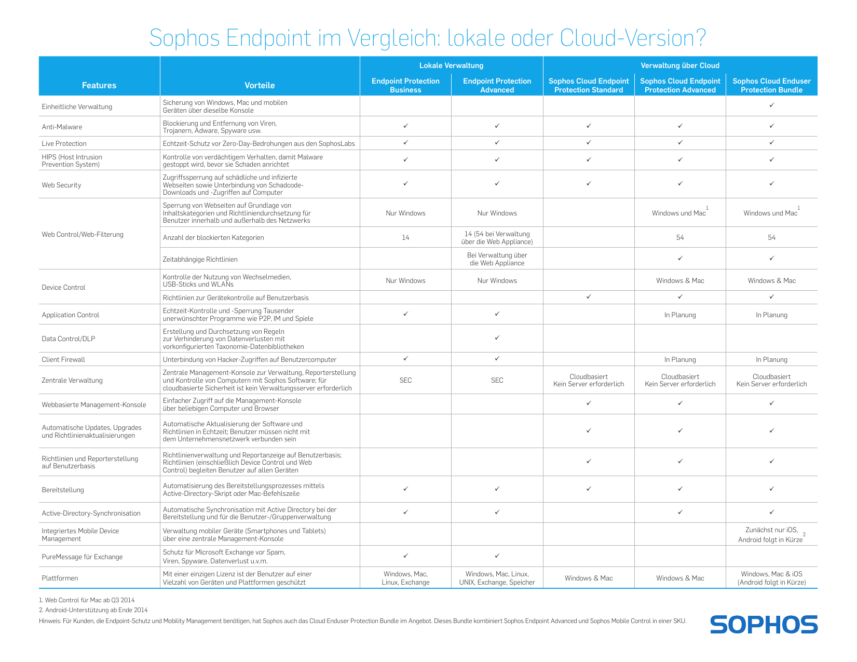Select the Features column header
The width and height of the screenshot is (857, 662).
click(99, 85)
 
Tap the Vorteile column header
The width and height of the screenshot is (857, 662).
click(260, 85)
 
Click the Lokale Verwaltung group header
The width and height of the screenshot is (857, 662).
click(451, 65)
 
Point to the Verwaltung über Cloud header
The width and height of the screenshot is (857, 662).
click(680, 65)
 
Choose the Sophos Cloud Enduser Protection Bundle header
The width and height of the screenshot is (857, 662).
click(771, 85)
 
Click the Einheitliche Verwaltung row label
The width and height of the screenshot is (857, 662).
click(77, 106)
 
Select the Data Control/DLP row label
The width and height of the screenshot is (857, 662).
click(68, 339)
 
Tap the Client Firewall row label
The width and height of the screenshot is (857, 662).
click(63, 359)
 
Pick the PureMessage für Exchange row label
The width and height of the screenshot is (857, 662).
click(82, 557)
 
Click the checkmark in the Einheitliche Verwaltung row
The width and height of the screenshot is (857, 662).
click(771, 105)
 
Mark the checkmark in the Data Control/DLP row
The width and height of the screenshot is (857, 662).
click(497, 337)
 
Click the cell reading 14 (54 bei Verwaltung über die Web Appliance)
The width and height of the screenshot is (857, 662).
click(497, 237)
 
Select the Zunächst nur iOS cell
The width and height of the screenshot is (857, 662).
click(771, 535)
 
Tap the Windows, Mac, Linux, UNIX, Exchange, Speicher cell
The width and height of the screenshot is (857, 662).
click(497, 578)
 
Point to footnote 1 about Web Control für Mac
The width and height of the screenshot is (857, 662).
click(87, 600)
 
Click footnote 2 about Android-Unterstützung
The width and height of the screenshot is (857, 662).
click(93, 610)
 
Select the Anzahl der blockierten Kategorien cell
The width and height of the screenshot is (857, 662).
click(213, 237)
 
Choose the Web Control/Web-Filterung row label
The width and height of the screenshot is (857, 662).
click(83, 234)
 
